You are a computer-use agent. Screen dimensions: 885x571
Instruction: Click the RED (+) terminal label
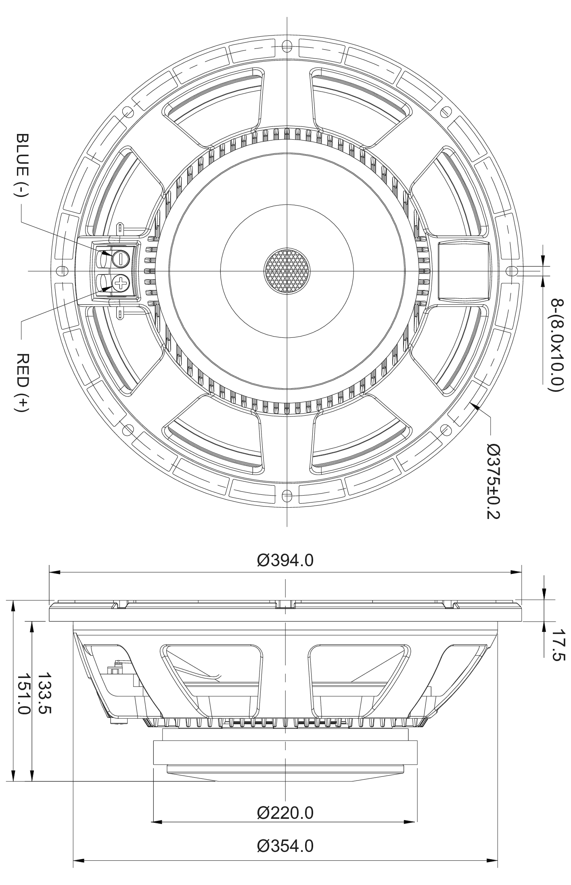click(23, 383)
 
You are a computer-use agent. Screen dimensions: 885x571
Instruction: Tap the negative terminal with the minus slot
click(120, 259)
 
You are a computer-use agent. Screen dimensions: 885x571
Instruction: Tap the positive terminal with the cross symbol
click(120, 284)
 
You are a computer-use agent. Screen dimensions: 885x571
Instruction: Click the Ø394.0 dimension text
click(285, 560)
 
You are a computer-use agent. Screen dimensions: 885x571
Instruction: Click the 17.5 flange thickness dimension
click(558, 650)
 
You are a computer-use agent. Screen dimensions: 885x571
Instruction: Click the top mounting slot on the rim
click(287, 44)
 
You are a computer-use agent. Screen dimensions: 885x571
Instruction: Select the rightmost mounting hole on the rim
click(512, 270)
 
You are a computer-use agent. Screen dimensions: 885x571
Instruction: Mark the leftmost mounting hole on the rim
click(61, 270)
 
